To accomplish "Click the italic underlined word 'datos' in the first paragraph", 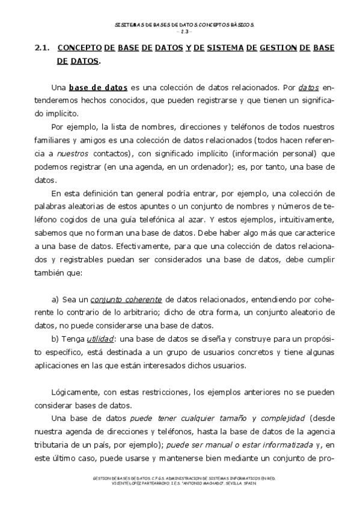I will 308,87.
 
